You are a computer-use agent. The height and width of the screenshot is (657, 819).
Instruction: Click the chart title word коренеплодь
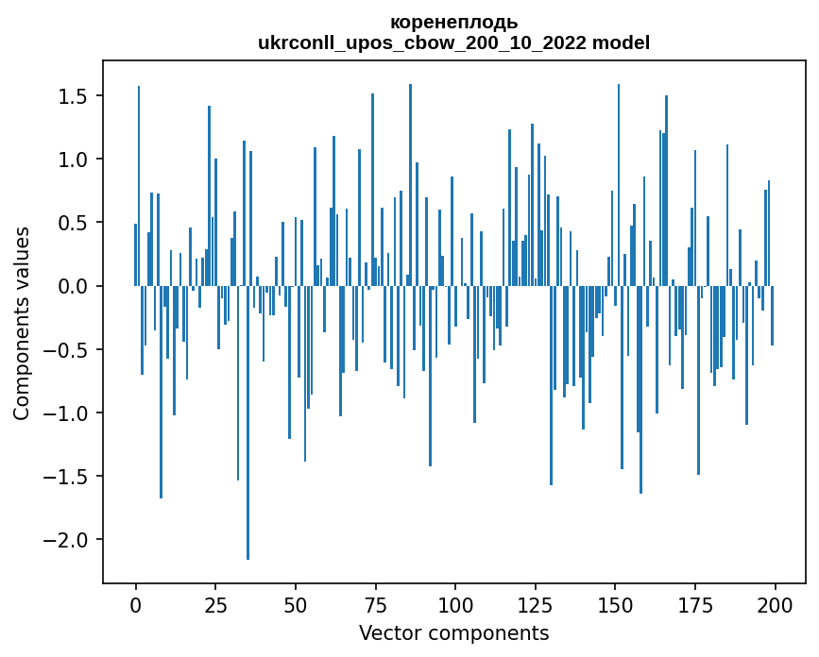coord(453,23)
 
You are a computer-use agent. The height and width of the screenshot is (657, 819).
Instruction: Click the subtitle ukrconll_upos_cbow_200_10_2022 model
coord(453,42)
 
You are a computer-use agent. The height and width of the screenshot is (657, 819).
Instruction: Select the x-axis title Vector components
coord(453,632)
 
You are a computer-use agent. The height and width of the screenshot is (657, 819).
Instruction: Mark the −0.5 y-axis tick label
coord(68,349)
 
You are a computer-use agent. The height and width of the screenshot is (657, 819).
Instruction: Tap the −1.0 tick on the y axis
coord(68,413)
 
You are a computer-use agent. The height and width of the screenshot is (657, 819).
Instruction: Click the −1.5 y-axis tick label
coord(68,476)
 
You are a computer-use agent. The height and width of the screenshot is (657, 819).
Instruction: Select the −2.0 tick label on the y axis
coord(68,539)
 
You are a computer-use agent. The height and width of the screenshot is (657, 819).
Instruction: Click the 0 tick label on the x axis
coord(136,604)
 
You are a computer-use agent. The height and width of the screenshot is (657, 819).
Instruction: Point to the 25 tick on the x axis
coord(215,604)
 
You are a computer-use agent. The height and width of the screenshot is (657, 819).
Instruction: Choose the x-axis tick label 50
coord(296,604)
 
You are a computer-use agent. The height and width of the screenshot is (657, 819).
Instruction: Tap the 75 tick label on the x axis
coord(375,604)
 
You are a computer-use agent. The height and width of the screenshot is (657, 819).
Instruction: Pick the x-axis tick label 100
coord(455,604)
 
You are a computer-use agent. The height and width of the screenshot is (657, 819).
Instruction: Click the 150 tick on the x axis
coord(615,604)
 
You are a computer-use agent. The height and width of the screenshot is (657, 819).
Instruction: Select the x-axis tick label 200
coord(775,604)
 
